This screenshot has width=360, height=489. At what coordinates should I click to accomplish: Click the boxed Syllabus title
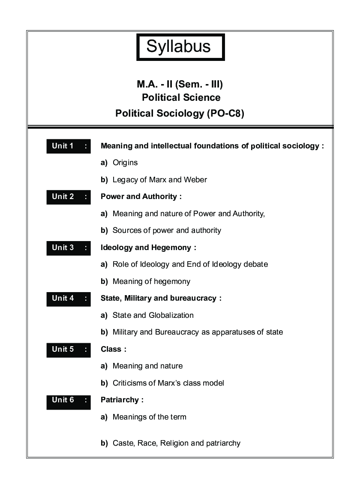coord(180,47)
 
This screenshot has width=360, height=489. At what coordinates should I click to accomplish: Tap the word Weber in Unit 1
coord(195,180)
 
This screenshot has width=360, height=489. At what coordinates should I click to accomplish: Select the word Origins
coord(125,163)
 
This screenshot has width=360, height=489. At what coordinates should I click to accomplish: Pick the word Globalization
coord(171,315)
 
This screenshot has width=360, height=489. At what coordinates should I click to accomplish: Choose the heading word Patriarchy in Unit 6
coord(120,400)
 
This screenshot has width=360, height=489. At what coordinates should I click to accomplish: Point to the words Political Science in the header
coord(181,98)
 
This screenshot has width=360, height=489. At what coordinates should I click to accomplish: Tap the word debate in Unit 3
coord(255,264)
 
